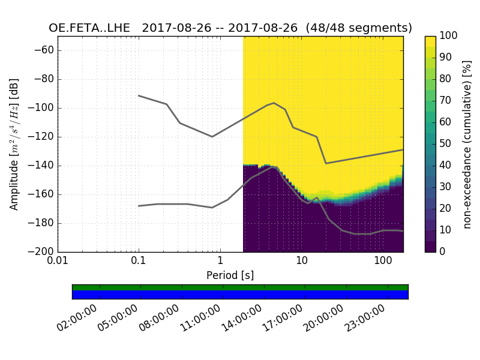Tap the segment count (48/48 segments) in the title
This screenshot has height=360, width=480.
[359, 28]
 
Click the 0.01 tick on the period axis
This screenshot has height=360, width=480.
[58, 262]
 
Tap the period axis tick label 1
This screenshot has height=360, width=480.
[220, 262]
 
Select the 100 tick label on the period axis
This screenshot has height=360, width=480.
[383, 262]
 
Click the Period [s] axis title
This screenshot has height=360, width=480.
[230, 275]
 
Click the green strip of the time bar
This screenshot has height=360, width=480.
[240, 287]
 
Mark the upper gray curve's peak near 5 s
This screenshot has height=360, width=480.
[274, 103]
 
